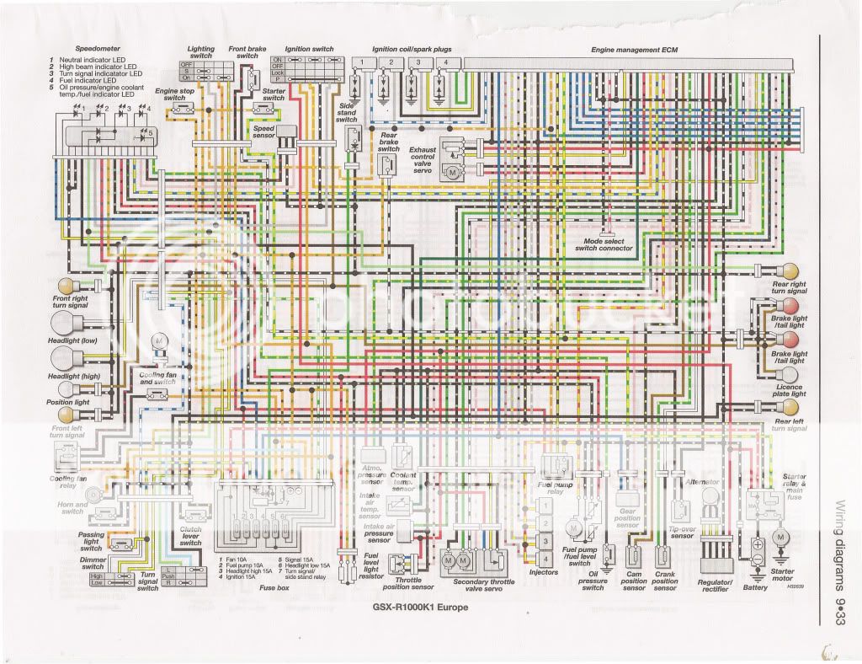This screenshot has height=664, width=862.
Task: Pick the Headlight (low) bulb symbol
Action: [x=65, y=323]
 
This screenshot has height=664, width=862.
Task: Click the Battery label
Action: [x=755, y=587]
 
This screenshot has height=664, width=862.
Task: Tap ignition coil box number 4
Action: [x=447, y=63]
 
